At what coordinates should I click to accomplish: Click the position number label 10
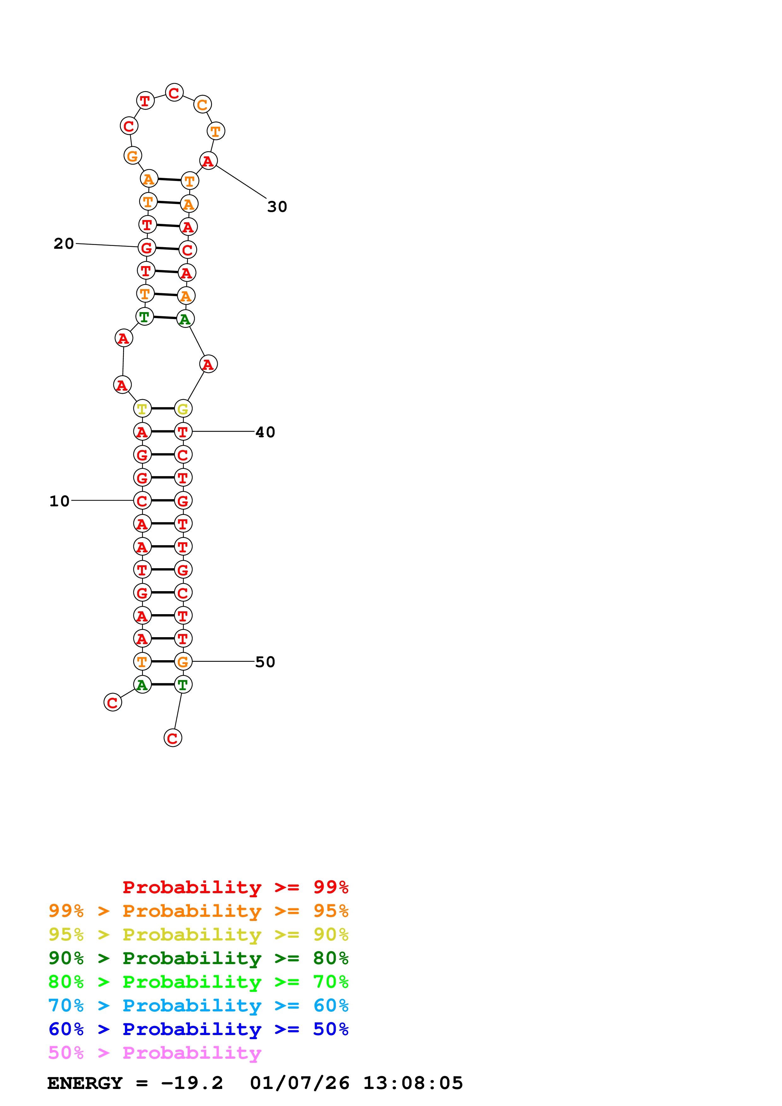[x=59, y=501]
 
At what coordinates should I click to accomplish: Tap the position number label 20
[x=64, y=243]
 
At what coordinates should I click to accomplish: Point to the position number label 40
[x=265, y=432]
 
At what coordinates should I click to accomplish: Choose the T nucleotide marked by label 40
[x=183, y=432]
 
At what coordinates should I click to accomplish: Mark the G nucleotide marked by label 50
[x=183, y=661]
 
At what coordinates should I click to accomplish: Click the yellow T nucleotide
[x=142, y=409]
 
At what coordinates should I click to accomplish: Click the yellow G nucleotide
[x=183, y=409]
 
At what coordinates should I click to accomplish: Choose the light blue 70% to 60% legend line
[x=198, y=1005]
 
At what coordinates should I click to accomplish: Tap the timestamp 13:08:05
[x=413, y=1083]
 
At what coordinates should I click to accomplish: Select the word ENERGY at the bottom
[x=85, y=1083]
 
